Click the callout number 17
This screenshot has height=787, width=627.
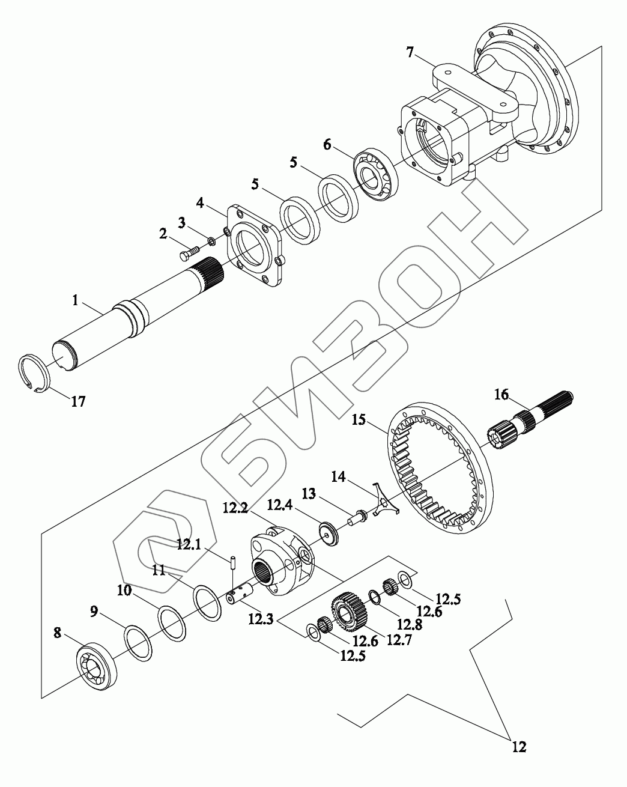(78, 401)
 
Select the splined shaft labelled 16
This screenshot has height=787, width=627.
(529, 421)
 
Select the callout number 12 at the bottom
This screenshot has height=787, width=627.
(519, 747)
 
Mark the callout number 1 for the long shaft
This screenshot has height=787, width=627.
(76, 300)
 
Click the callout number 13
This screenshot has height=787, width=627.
(308, 494)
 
